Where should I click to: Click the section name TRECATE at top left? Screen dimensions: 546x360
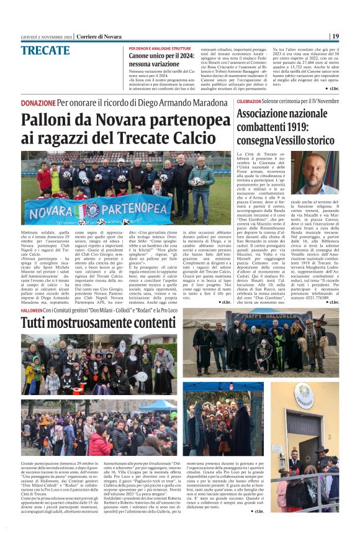45,50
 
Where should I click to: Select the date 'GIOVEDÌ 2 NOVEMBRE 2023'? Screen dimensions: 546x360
46,37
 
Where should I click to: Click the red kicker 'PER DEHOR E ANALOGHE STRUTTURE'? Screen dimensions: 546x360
160,48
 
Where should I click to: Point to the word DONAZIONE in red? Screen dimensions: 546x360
38,102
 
